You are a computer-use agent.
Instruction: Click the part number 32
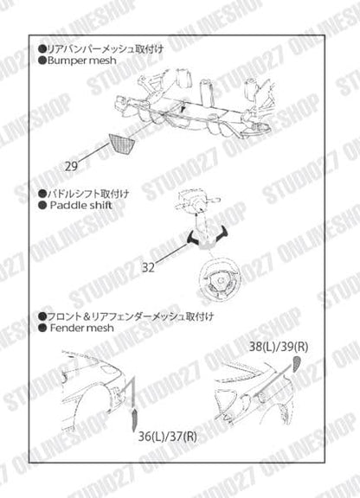[x=149, y=268]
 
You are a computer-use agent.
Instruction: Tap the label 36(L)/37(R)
[x=166, y=437]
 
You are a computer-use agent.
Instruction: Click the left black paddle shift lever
[x=192, y=234]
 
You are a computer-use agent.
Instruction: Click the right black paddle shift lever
[x=224, y=233]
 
